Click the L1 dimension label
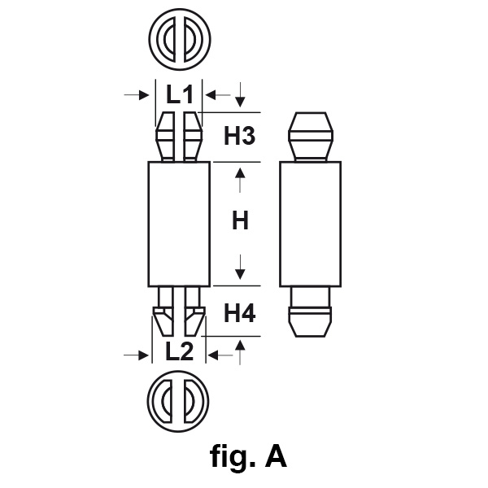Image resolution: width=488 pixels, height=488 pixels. [180, 95]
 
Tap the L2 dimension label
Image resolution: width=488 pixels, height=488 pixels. [179, 352]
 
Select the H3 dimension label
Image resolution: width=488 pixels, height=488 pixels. [240, 137]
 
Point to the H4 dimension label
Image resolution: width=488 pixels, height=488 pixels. [240, 313]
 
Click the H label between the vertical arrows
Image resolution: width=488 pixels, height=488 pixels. [240, 220]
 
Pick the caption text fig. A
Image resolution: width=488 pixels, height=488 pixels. [248, 457]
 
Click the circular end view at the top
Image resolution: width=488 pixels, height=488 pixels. [180, 37]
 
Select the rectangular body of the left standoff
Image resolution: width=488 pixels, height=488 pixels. [180, 224]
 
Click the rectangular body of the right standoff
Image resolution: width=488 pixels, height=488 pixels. [310, 224]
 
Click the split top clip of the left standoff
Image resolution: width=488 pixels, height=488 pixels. [180, 137]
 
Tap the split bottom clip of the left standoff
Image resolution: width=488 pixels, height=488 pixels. [179, 313]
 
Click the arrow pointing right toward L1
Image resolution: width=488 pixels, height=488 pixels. [135, 95]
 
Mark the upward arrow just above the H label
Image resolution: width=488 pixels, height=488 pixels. [240, 178]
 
